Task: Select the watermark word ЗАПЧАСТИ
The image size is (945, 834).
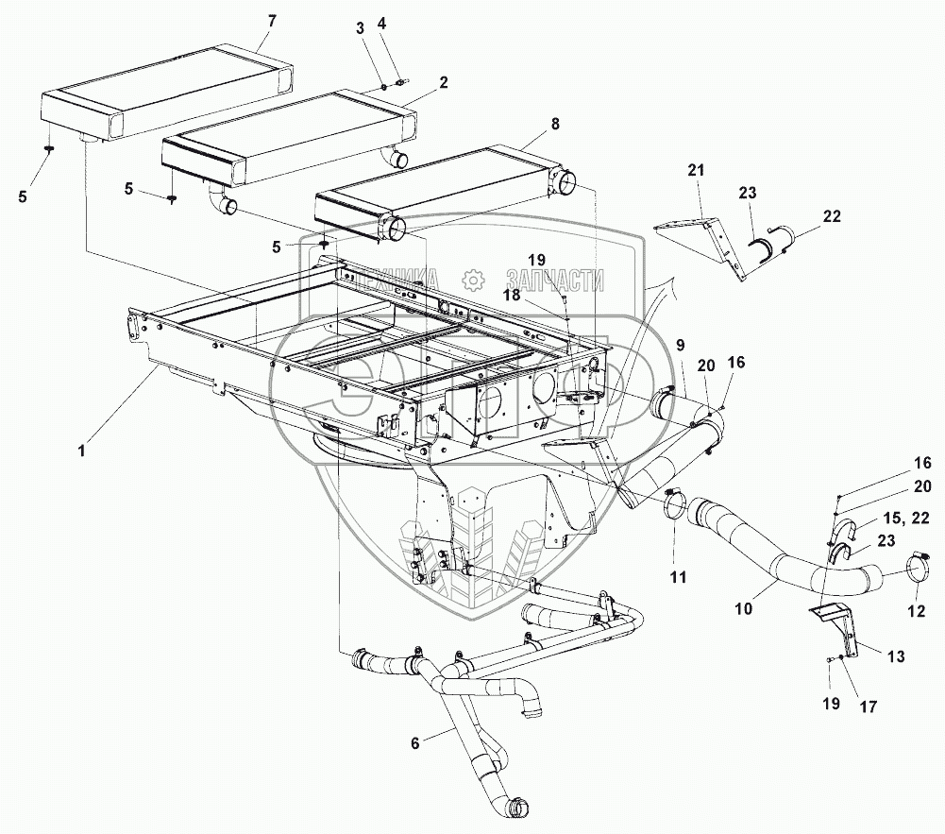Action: point(554,281)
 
